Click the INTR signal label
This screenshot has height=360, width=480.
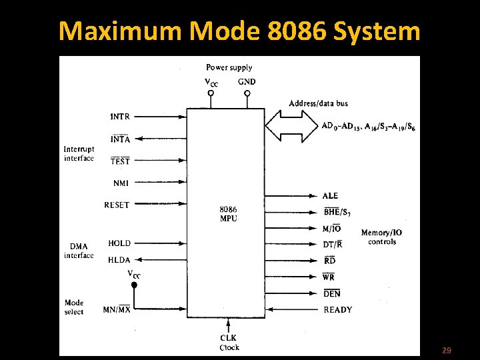pyautogui.click(x=120, y=117)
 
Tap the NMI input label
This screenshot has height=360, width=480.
pyautogui.click(x=121, y=183)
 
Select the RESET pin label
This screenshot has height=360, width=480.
pyautogui.click(x=117, y=205)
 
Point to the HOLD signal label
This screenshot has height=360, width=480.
pyautogui.click(x=119, y=243)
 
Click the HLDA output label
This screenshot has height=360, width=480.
pyautogui.click(x=119, y=260)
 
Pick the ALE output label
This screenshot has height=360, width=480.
pyautogui.click(x=330, y=195)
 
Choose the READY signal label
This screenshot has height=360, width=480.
pyautogui.click(x=338, y=310)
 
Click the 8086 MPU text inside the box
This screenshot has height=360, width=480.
pyautogui.click(x=229, y=214)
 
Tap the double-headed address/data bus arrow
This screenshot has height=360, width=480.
pyautogui.click(x=291, y=126)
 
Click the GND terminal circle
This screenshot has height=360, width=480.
pyautogui.click(x=247, y=93)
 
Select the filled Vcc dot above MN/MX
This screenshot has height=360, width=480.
pyautogui.click(x=134, y=285)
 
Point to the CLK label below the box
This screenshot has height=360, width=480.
pyautogui.click(x=229, y=337)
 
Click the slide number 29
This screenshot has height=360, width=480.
pyautogui.click(x=447, y=350)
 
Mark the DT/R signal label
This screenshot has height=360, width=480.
pyautogui.click(x=333, y=244)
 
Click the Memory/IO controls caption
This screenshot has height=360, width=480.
pyautogui.click(x=382, y=237)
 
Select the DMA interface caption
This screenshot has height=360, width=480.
pyautogui.click(x=79, y=251)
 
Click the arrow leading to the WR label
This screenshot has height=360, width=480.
pyautogui.click(x=291, y=277)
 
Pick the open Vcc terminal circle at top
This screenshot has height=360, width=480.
pyautogui.click(x=211, y=93)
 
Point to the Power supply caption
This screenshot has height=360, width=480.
pyautogui.click(x=229, y=67)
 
